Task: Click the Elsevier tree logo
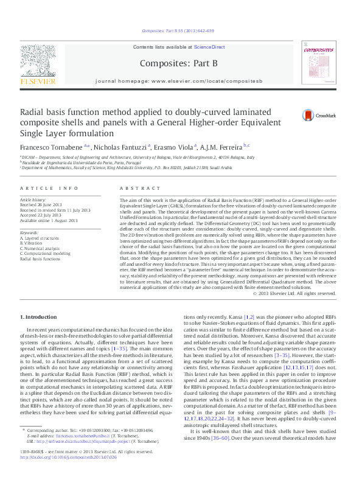pyautogui.click(x=38, y=61)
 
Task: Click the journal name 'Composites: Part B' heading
pyautogui.click(x=178, y=63)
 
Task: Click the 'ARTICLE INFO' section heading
pyautogui.click(x=49, y=189)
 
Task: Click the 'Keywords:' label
pyautogui.click(x=29, y=233)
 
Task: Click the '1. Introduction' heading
pyautogui.click(x=40, y=317)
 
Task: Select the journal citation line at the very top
pyautogui.click(x=178, y=30)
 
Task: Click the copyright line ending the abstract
pyautogui.click(x=294, y=293)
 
